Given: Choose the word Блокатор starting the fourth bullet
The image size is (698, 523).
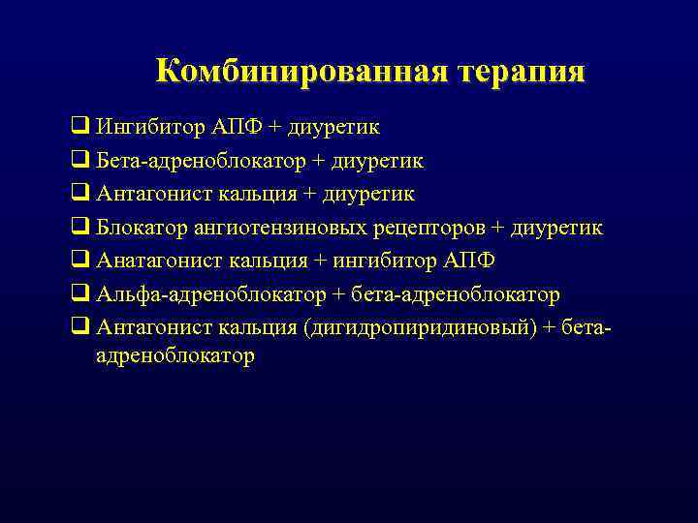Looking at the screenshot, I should click(139, 228).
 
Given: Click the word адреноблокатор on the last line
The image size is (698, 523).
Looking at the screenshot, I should click(175, 356).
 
